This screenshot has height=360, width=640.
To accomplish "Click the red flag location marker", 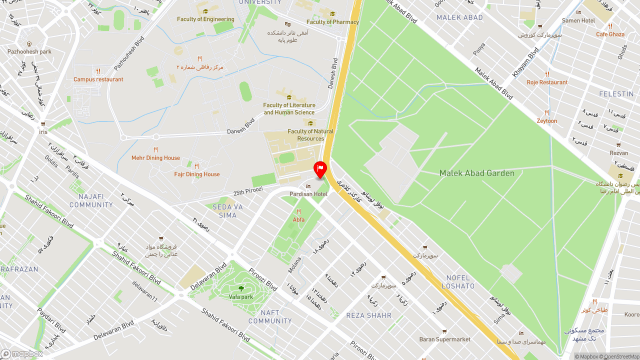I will click(320, 169).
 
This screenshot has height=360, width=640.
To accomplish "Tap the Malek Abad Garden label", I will click(476, 173).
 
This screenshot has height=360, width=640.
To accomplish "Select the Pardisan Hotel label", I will click(308, 194).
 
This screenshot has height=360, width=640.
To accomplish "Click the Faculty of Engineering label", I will click(205, 19).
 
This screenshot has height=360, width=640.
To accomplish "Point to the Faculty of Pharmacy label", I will click(332, 22).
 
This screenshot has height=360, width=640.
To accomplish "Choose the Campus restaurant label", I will click(98, 79).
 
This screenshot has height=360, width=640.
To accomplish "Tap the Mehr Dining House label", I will click(155, 157).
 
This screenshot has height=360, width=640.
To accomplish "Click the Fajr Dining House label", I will click(197, 174).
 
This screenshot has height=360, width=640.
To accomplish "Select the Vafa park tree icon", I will click(241, 288).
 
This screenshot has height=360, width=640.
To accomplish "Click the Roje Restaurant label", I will click(547, 82).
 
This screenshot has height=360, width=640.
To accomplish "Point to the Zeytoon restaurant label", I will click(547, 120).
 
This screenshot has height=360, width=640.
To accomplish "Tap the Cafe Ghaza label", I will click(610, 34).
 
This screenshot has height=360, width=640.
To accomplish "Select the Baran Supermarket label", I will click(444, 339).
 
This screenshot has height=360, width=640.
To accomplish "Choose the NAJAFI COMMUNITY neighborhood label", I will click(91, 200).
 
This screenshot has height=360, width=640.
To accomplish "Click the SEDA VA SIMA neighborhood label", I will click(227, 211).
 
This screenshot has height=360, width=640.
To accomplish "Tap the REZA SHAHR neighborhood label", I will click(369, 315).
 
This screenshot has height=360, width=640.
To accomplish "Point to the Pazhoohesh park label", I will click(29, 51).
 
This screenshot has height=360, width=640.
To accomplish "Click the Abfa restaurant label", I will click(298, 219).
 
